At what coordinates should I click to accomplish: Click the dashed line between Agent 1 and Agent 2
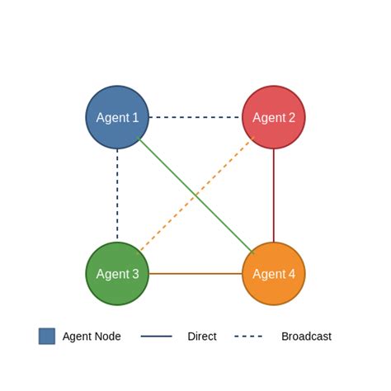coord(195,117)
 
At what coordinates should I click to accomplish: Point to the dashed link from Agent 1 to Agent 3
coord(117,195)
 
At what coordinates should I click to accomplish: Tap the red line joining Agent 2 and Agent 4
coord(274,195)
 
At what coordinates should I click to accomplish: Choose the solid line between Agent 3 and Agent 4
coord(195,273)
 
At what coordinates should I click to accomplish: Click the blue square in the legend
coord(47,336)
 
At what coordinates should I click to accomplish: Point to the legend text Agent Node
coord(92,337)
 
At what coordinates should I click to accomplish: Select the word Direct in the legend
coord(202,337)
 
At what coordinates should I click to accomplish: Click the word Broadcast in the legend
coord(306,337)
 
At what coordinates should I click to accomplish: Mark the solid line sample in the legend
coord(157,337)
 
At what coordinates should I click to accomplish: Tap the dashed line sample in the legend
coord(248,337)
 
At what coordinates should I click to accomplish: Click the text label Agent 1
coord(117,118)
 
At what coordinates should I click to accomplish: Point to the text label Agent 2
coord(274,118)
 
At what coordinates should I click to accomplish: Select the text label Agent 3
coord(117,274)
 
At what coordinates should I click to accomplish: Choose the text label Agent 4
coord(274,274)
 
